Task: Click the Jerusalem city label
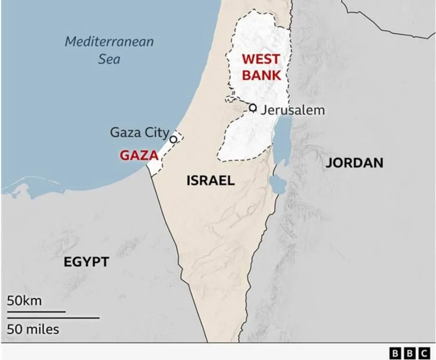coord(293,110)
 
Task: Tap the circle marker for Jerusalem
coord(253,107)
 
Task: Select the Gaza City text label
coord(140,132)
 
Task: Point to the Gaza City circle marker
coord(173,139)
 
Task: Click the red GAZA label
coord(139,155)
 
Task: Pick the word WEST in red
coord(260,59)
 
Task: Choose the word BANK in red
coord(261,75)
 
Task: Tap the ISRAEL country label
coord(210,181)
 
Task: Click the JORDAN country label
coord(355,163)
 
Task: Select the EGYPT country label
coord(87,262)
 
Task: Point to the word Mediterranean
coord(109,41)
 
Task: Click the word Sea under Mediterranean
coord(109,59)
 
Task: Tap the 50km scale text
coord(24,301)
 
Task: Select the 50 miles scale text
coord(33,329)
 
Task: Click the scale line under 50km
coord(36,311)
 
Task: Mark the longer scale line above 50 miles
coord(53,318)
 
